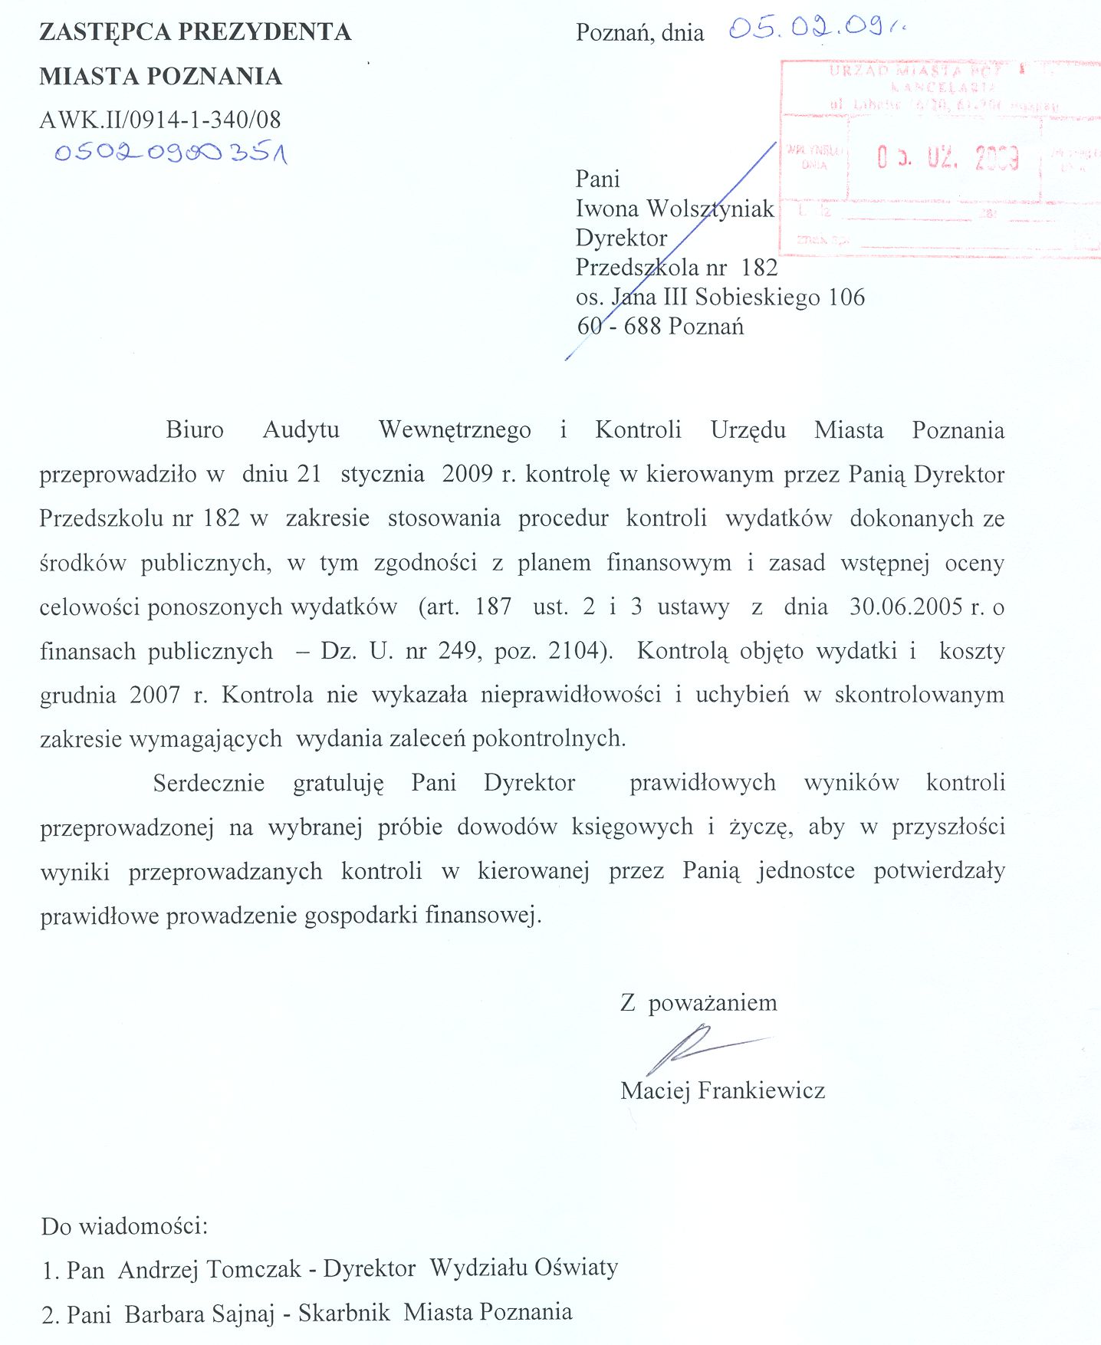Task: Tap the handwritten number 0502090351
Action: point(170,153)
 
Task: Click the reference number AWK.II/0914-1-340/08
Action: point(160,120)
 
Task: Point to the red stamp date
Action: point(948,158)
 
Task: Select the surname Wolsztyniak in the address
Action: point(710,209)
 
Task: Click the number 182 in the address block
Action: point(759,268)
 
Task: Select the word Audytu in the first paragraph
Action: point(301,429)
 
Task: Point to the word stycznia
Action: point(383,474)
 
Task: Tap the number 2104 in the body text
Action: point(574,651)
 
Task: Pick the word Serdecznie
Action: point(209,783)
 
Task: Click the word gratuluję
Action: point(338,783)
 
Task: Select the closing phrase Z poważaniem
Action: point(698,1003)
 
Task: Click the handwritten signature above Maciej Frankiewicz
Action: point(694,1048)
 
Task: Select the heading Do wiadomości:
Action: point(124,1225)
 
